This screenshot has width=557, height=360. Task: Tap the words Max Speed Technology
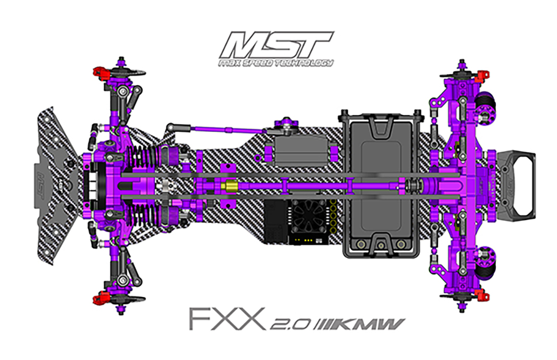coord(276,63)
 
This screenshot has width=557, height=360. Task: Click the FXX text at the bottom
coord(228,319)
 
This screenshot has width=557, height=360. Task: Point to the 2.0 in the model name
coord(291,324)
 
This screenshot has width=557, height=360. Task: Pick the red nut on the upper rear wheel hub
coord(483,75)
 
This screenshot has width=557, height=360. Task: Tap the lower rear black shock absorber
coord(485,263)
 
